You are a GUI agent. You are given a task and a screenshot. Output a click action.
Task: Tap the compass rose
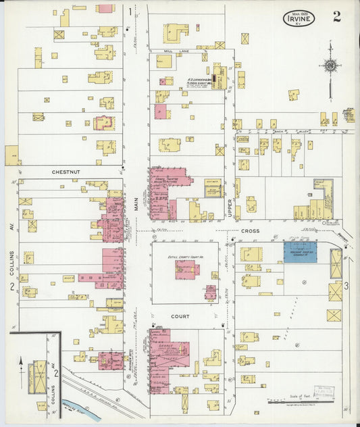click(x=330, y=66)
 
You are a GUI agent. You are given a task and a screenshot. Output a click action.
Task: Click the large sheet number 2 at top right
click(x=336, y=17)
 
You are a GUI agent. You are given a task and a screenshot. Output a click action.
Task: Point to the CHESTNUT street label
click(x=66, y=172)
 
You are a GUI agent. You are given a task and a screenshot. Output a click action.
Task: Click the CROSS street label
click(x=250, y=230)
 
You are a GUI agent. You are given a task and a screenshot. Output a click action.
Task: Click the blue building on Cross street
click(x=300, y=253)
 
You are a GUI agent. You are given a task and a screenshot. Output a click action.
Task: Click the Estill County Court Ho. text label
click(x=184, y=257)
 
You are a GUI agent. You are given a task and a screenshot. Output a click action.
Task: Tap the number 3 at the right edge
click(x=346, y=286)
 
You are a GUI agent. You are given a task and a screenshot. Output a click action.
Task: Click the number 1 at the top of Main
click(x=130, y=11)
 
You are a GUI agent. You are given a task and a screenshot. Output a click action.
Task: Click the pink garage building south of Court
click(x=165, y=359)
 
